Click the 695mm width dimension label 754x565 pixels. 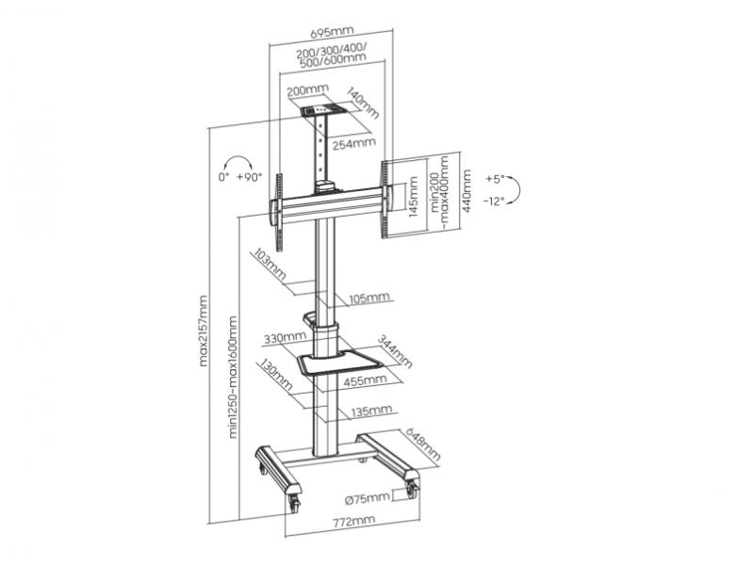tap(332, 32)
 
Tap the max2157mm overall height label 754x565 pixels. tap(204, 331)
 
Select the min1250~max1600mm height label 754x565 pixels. tap(233, 377)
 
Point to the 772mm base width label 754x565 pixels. tap(353, 521)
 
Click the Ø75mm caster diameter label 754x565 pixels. tap(368, 498)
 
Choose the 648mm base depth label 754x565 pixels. tap(423, 444)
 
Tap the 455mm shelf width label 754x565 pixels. tap(365, 380)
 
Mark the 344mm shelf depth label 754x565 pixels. tap(395, 351)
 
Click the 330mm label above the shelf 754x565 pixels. tap(285, 337)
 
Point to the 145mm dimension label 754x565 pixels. tap(413, 197)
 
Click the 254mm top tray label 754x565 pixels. tap(353, 143)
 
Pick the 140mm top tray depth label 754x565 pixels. tap(363, 103)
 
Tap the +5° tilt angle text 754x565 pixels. tap(495, 179)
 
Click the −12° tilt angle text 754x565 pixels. tap(494, 202)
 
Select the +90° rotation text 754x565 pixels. tap(249, 176)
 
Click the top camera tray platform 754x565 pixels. tap(324, 110)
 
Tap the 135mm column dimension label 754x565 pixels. tap(370, 411)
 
